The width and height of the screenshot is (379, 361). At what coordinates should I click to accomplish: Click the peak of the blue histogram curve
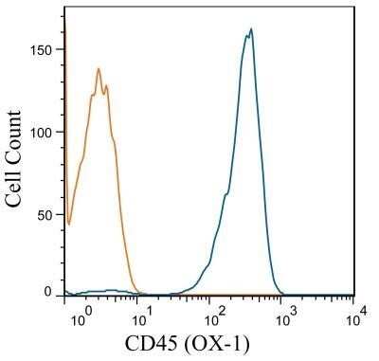(251, 28)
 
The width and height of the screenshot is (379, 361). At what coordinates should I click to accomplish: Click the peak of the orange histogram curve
(99, 68)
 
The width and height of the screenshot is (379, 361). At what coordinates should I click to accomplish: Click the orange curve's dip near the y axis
(69, 224)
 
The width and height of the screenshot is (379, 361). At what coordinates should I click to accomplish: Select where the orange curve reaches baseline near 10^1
(138, 292)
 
